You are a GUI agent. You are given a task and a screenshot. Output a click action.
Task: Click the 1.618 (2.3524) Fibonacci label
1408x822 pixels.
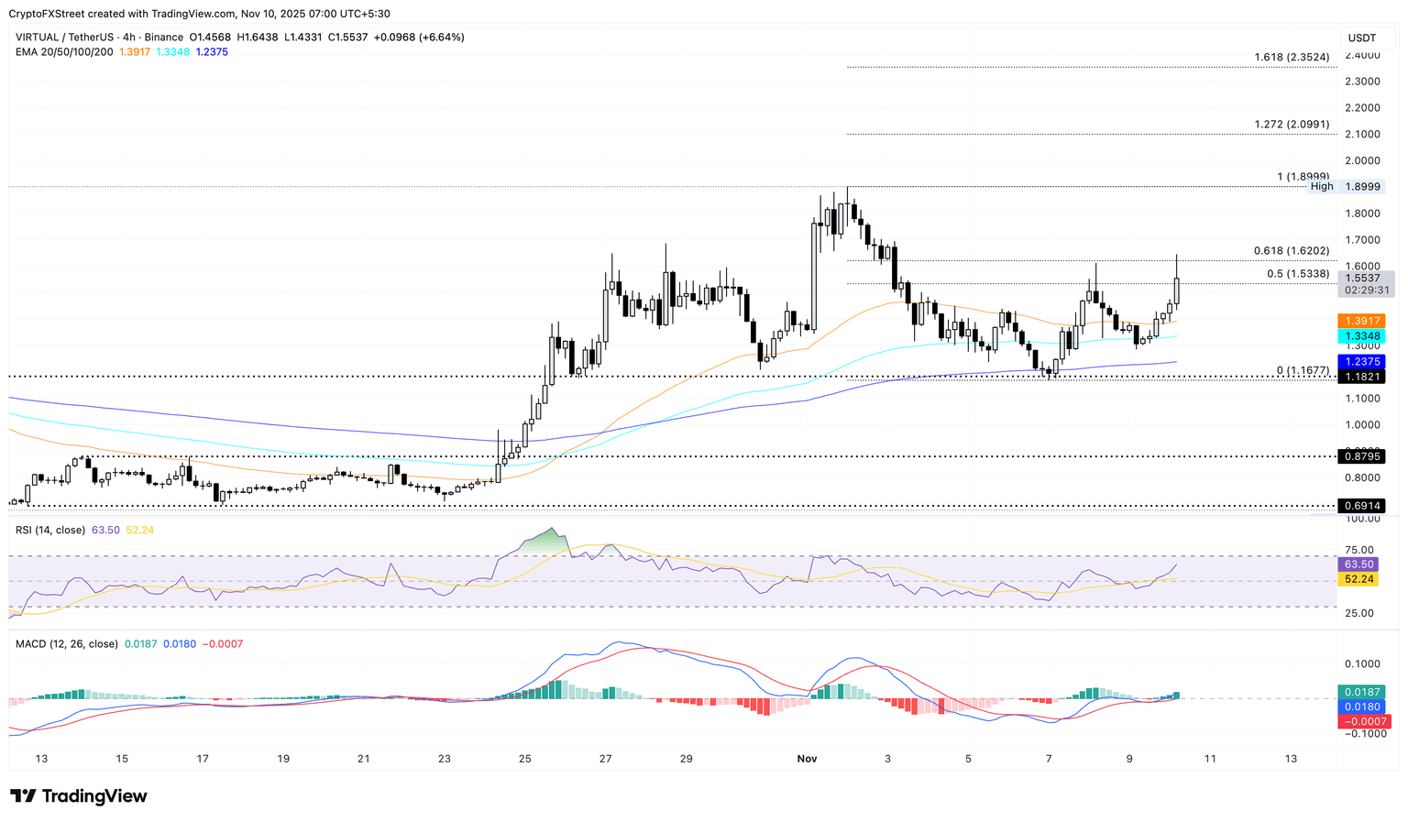[x=1292, y=58]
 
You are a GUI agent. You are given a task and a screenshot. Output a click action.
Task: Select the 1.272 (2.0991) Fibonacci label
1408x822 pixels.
[x=1292, y=125]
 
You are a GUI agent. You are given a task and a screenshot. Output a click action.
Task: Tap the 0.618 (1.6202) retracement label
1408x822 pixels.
[x=1291, y=251]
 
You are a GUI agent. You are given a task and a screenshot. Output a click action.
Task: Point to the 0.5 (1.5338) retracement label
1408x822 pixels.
[x=1298, y=274]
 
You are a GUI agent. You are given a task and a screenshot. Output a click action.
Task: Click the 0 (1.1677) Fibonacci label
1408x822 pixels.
[x=1303, y=371]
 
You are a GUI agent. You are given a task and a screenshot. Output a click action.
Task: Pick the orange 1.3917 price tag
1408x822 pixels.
[x=1361, y=321]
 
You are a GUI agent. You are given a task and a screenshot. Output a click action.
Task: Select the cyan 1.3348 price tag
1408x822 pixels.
[x=1361, y=336]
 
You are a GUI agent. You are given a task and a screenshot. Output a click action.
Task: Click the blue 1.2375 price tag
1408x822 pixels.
[x=1361, y=362]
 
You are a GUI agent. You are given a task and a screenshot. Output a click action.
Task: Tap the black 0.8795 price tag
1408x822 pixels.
[x=1361, y=456]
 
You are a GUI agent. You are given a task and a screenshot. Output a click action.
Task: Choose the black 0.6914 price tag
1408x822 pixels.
[x=1361, y=506]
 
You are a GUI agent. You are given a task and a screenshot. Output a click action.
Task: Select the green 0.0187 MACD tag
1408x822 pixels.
[x=1361, y=692]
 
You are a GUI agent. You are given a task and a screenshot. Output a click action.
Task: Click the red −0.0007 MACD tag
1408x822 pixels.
[x=1361, y=721]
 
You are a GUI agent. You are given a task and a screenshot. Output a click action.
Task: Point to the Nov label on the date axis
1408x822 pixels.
[x=807, y=759]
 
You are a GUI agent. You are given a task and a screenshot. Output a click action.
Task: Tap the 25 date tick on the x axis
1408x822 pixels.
[x=524, y=759]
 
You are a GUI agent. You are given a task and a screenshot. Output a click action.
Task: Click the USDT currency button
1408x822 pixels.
[x=1361, y=38]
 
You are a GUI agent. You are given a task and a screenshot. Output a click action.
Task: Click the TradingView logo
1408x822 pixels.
[x=79, y=796]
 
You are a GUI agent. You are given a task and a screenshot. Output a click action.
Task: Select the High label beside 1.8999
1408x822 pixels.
[x=1322, y=187]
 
